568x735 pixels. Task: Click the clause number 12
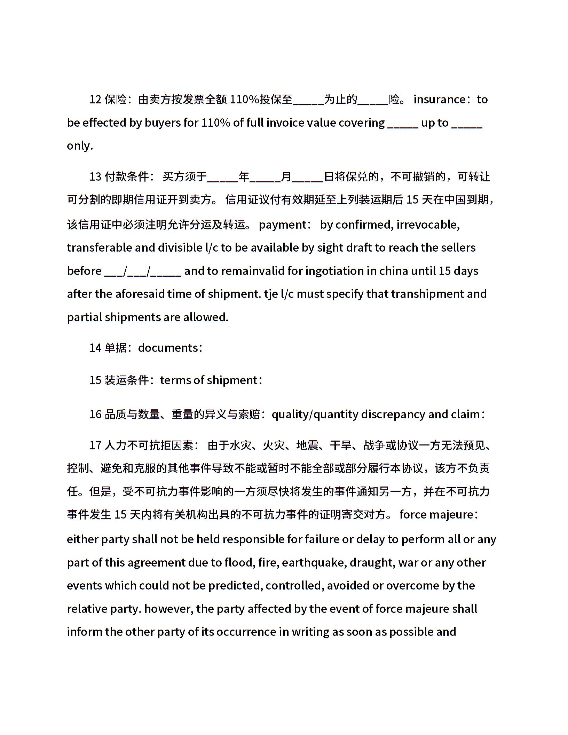point(95,100)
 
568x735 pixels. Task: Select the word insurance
point(440,100)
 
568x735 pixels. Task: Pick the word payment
point(282,225)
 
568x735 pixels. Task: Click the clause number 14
point(95,348)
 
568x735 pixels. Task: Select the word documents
point(168,348)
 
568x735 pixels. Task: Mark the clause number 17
point(95,445)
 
